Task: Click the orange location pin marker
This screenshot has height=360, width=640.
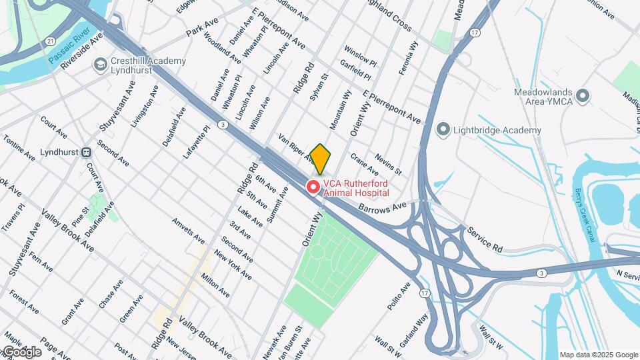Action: click(321, 159)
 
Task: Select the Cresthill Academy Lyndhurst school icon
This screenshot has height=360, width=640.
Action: click(101, 65)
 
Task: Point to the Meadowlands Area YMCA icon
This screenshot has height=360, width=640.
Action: click(584, 96)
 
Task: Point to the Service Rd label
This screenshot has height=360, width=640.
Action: click(485, 238)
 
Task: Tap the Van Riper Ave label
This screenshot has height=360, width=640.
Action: click(296, 147)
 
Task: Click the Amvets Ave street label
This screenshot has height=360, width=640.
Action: click(188, 231)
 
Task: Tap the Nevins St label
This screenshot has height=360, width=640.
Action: click(387, 162)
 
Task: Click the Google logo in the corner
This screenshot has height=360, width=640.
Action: click(23, 351)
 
